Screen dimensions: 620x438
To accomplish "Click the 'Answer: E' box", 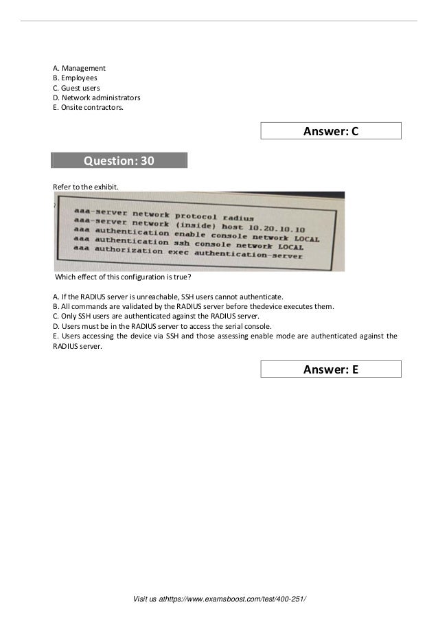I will pyautogui.click(x=331, y=369).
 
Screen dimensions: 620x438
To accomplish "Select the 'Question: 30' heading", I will pyautogui.click(x=119, y=161).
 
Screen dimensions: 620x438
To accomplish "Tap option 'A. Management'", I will pyautogui.click(x=80, y=69).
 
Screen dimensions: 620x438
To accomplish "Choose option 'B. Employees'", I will pyautogui.click(x=75, y=78).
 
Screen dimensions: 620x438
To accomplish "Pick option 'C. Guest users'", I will pyautogui.click(x=76, y=88).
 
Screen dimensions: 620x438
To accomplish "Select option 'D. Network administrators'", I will pyautogui.click(x=97, y=97).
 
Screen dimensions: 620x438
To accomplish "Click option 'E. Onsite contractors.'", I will pyautogui.click(x=89, y=107).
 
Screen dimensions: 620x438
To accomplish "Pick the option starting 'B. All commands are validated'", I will pyautogui.click(x=194, y=306).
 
